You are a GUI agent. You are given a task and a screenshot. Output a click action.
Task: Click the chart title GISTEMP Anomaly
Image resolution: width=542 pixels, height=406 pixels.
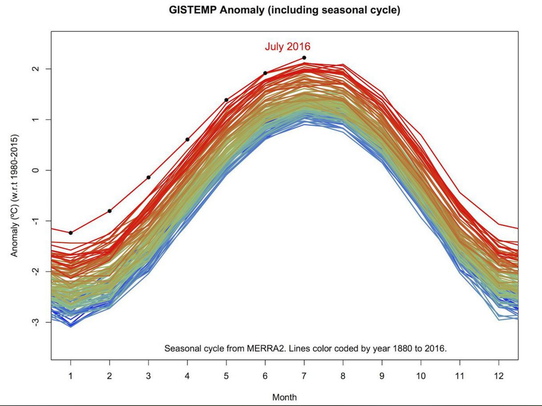(x=284, y=10)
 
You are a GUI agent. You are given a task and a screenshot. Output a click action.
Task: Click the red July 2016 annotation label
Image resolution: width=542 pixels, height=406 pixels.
(x=287, y=46)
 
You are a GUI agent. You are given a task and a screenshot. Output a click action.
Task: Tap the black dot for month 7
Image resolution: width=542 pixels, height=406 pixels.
(x=304, y=58)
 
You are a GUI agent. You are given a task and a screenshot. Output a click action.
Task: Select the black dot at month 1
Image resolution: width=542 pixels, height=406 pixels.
(x=71, y=233)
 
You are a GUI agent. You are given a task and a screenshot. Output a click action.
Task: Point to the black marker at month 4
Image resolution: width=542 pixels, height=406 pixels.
(x=187, y=140)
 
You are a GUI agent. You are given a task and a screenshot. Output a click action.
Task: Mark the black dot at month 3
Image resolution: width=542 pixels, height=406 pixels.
(x=148, y=177)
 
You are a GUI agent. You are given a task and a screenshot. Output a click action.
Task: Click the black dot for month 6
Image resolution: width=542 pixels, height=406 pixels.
(x=265, y=73)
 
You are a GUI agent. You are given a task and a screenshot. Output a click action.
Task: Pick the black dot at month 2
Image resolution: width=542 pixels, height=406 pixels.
(x=110, y=211)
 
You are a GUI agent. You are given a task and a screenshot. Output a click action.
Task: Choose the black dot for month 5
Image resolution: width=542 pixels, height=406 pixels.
(x=226, y=100)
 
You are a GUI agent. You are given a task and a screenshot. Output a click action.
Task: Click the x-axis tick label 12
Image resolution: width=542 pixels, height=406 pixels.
(x=499, y=376)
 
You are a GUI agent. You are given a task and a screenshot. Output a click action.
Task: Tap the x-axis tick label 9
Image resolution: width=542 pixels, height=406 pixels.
(x=382, y=376)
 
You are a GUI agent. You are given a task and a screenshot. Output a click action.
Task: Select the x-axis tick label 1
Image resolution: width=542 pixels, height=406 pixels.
(x=71, y=376)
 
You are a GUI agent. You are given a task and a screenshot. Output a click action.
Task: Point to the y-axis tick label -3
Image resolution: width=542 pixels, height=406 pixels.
(x=35, y=322)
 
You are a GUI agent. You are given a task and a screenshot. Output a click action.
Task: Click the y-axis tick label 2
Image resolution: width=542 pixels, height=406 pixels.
(x=35, y=69)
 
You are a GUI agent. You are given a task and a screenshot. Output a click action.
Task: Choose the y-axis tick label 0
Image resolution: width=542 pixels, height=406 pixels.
(x=35, y=170)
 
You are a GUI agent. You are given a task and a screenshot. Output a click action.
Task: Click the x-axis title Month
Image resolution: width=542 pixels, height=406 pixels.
(x=284, y=397)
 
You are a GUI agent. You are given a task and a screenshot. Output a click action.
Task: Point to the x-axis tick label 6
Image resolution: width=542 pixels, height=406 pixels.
(x=265, y=376)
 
